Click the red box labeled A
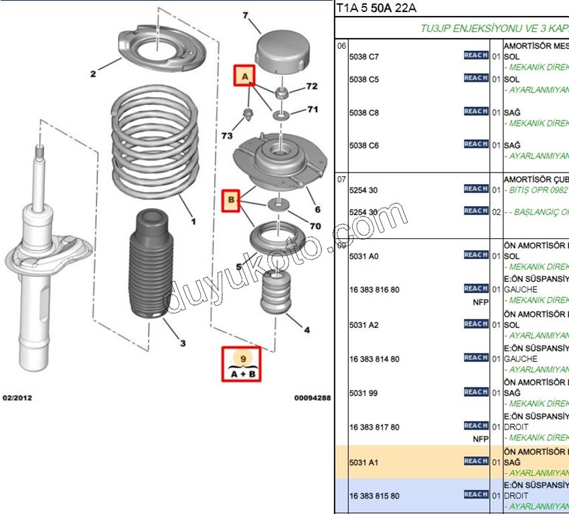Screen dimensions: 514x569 pos(244,76)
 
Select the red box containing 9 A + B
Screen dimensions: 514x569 pos(243,364)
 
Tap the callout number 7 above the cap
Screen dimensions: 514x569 pos(245,15)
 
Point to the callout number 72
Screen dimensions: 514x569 pos(312,87)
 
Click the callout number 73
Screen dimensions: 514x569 pos(228,136)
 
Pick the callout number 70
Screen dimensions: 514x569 pos(315,226)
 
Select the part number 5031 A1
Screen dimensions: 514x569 pos(363,462)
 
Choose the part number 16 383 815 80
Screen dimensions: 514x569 pos(374,496)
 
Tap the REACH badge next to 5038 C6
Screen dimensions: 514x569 pos(476,145)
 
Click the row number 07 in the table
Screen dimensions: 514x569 pos(341,179)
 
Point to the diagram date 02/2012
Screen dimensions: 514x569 pos(17,398)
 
